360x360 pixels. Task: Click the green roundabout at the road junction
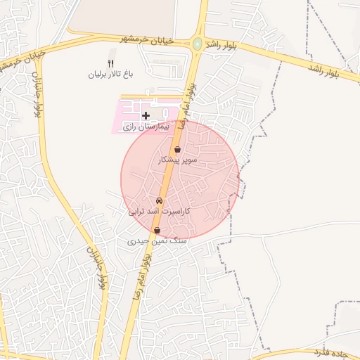[x=198, y=44]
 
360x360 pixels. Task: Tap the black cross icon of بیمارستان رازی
[x=146, y=115]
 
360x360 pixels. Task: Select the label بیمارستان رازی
[x=147, y=127]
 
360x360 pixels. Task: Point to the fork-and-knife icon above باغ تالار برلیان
[x=110, y=64]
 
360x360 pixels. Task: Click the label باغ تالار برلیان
[x=110, y=74]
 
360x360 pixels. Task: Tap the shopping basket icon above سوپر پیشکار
[x=177, y=150]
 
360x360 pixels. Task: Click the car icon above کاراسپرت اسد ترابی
[x=158, y=200]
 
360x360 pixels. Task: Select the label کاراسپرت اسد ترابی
[x=160, y=211]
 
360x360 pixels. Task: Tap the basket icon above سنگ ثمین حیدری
[x=157, y=230]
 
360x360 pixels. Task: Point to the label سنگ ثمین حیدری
[x=157, y=240]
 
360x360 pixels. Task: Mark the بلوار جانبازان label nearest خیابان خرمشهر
[x=36, y=94]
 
